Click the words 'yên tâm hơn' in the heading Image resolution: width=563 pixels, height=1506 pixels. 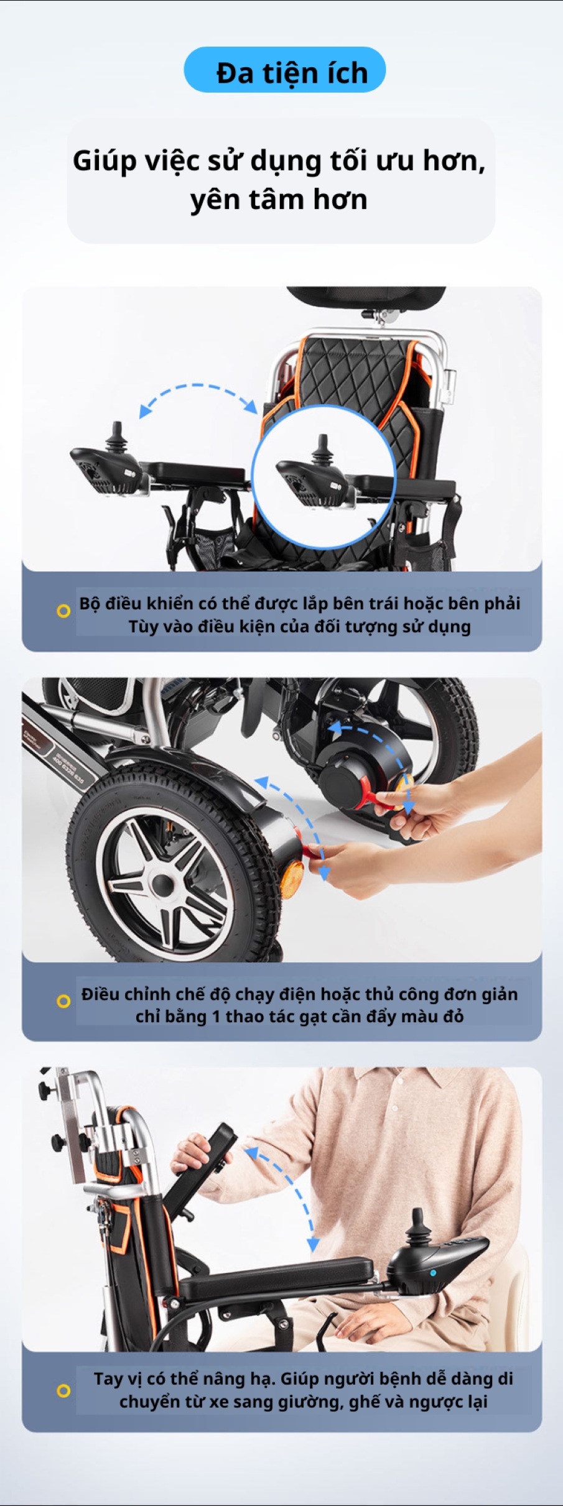click(279, 200)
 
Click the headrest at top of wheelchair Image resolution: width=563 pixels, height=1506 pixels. click(366, 297)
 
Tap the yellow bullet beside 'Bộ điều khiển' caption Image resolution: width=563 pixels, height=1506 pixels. click(63, 611)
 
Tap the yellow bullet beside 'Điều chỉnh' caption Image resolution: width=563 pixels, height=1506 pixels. click(63, 1001)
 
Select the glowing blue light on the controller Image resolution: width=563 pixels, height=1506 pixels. click(434, 1273)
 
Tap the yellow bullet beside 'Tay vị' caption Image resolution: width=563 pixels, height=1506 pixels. click(63, 1391)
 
